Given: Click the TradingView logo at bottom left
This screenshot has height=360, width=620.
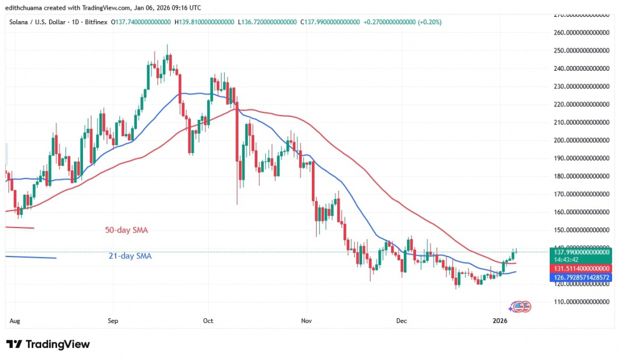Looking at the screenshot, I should pyautogui.click(x=48, y=344).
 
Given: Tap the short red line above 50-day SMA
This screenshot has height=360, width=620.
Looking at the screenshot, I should pyautogui.click(x=19, y=227).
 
